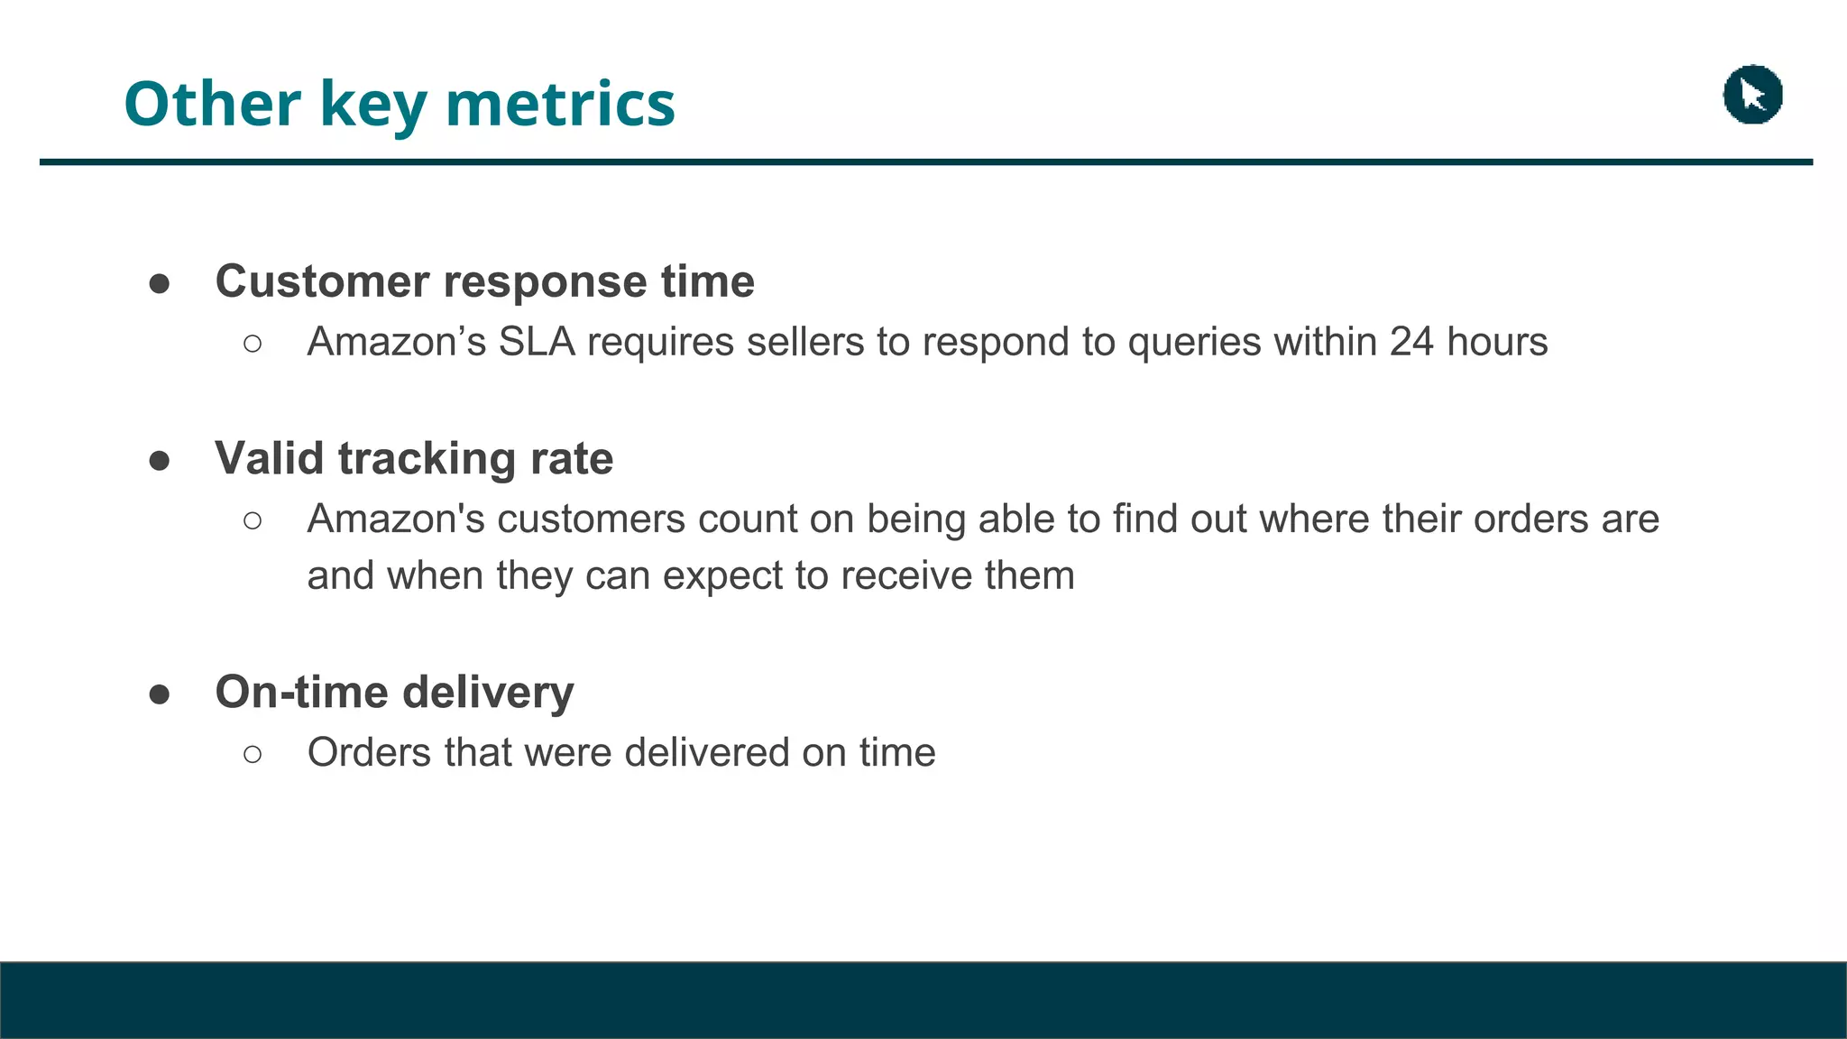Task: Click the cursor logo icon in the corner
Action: [x=1752, y=95]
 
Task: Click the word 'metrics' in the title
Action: [x=560, y=104]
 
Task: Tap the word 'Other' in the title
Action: [x=212, y=104]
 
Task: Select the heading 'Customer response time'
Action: [x=484, y=281]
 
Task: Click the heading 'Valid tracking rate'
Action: [x=414, y=458]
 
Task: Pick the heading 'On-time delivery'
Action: [x=394, y=692]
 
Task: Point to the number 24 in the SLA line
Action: [x=1411, y=342]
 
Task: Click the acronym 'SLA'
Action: [x=537, y=342]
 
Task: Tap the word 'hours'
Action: [x=1497, y=342]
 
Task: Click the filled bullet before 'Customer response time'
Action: [x=160, y=284]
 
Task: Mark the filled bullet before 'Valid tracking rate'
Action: [x=160, y=461]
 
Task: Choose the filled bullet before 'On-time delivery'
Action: [x=160, y=694]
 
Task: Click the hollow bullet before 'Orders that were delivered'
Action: [x=253, y=754]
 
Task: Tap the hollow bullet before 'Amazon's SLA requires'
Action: [x=253, y=344]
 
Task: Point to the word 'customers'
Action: [x=592, y=519]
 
